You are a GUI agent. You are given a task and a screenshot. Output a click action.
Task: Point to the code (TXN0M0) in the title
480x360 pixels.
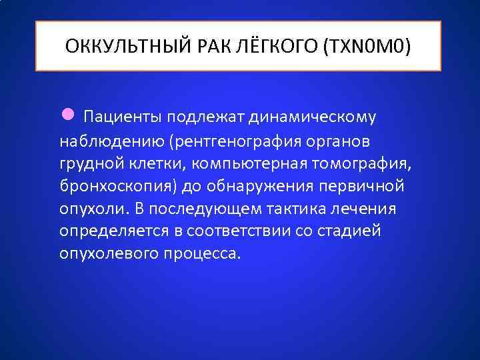click(x=367, y=47)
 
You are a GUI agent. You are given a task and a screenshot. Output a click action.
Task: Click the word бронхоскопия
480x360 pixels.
click(x=112, y=186)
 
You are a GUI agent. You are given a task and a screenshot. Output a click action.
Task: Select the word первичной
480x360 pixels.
click(x=356, y=186)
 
